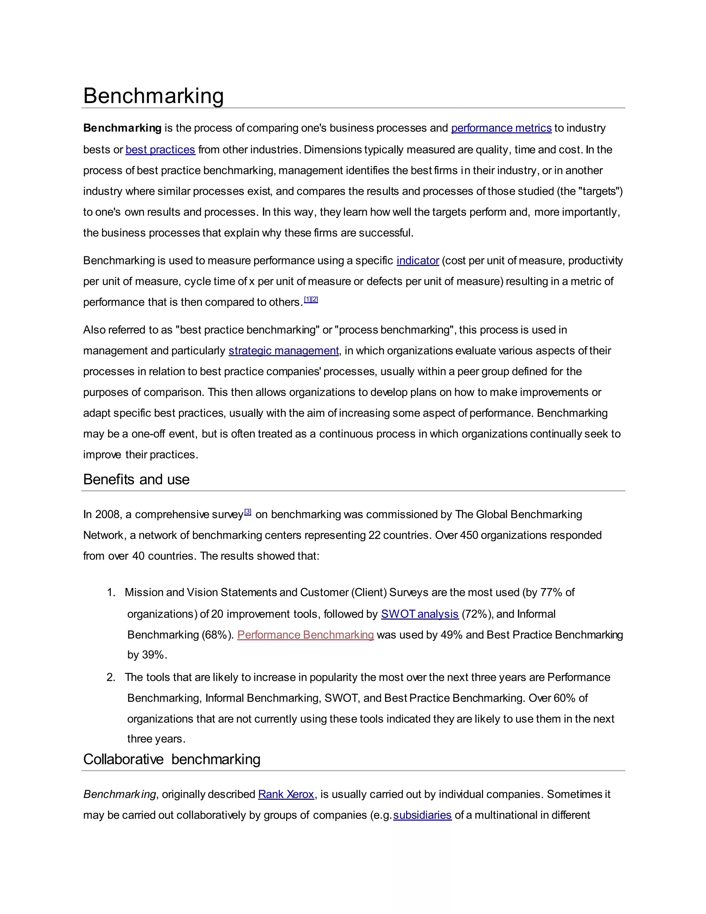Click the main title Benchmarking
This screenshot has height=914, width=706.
pyautogui.click(x=153, y=96)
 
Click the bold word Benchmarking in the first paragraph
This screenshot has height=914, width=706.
pyautogui.click(x=122, y=128)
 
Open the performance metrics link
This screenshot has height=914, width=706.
pyautogui.click(x=501, y=128)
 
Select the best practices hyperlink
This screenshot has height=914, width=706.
pyautogui.click(x=160, y=150)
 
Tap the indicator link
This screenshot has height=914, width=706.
pyautogui.click(x=417, y=261)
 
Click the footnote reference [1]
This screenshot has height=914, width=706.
pyautogui.click(x=307, y=299)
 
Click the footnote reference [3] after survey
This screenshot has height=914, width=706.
pyautogui.click(x=248, y=511)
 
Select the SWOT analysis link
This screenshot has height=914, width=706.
pyautogui.click(x=420, y=614)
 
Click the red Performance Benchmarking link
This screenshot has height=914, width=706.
pyautogui.click(x=305, y=635)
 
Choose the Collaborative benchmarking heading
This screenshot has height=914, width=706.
pyautogui.click(x=171, y=759)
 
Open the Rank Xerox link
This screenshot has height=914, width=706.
pyautogui.click(x=286, y=794)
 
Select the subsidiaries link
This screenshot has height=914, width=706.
pyautogui.click(x=422, y=815)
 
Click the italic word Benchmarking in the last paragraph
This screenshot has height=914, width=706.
pyautogui.click(x=119, y=794)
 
